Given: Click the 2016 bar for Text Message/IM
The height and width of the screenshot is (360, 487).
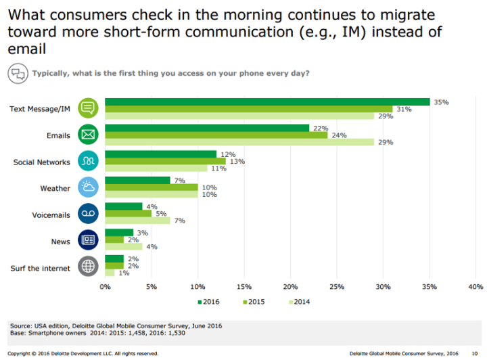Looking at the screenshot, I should (x=267, y=102).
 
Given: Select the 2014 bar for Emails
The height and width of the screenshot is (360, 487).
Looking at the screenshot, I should (x=239, y=141).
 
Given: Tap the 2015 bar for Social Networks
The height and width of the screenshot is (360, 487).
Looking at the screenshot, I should (x=165, y=161).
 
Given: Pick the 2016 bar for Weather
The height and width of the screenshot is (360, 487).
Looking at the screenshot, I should (x=137, y=180).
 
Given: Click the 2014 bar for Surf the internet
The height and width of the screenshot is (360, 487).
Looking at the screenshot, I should (x=110, y=273).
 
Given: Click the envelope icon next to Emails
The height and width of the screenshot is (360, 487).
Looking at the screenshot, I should (x=89, y=135).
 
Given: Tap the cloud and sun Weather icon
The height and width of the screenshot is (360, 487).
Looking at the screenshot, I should (x=89, y=187).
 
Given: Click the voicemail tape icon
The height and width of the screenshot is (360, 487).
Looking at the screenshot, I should (x=89, y=213).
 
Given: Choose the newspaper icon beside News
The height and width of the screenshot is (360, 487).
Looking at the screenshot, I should (x=89, y=240).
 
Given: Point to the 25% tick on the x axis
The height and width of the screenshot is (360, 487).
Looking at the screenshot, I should (x=337, y=287).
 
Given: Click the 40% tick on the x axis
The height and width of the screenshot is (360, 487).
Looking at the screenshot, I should (x=476, y=287).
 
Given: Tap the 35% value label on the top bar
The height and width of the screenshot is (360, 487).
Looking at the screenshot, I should (x=441, y=102).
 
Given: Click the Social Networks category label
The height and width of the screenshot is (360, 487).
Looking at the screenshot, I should (x=41, y=162).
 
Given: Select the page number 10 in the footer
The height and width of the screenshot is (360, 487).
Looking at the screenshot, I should (x=473, y=353).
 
